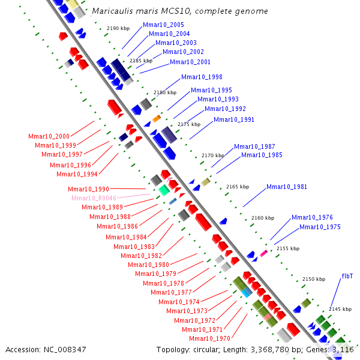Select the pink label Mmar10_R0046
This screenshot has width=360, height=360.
pos(94,198)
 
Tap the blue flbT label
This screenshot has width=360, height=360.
pos(347,276)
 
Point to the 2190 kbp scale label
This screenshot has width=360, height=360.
pos(118,28)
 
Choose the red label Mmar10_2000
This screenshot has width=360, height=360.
pos(49,136)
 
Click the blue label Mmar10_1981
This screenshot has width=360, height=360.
pos(287,187)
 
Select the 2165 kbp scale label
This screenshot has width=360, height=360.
pos(238,187)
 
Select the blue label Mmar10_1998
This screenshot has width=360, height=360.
pos(202,77)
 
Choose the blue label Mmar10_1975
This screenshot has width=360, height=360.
pos(320,227)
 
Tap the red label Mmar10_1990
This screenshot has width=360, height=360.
pos(88,189)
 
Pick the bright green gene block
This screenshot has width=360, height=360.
pos(163,190)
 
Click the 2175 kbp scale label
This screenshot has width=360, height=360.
pos(188,124)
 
